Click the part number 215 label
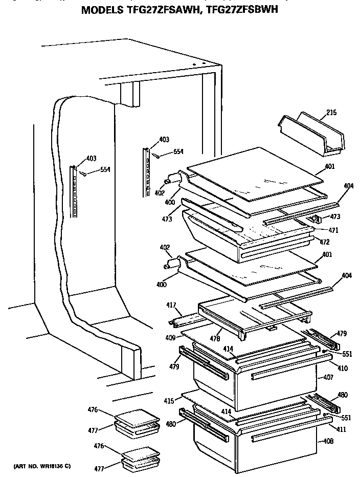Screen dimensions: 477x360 pyautogui.click(x=331, y=112)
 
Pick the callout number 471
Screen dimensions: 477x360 pyautogui.click(x=333, y=230)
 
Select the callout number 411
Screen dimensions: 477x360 pyautogui.click(x=328, y=429)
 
